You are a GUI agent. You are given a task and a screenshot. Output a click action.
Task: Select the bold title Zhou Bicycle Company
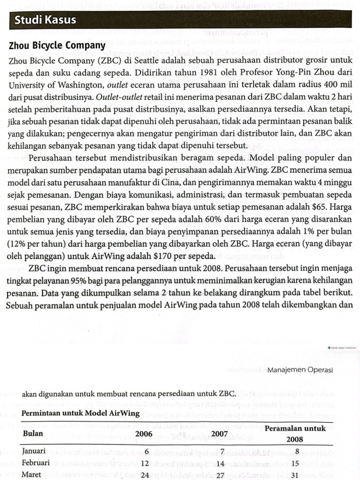57,46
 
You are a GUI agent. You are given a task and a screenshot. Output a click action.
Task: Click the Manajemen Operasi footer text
300,370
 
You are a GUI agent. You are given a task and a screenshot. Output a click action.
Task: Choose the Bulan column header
32,434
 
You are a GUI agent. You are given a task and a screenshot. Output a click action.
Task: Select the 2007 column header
219,434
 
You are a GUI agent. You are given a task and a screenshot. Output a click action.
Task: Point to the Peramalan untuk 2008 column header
295,434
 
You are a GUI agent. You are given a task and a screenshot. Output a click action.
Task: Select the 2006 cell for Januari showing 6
147,451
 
